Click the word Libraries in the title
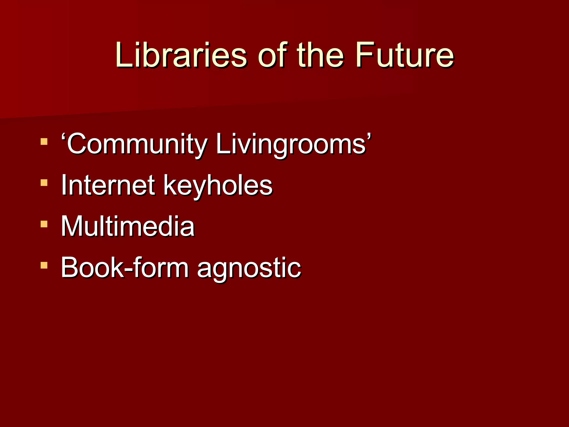coord(181,55)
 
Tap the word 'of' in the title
coord(271,55)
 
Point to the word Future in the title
coord(405,55)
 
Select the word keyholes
coord(218,185)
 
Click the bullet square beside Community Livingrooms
coord(44,141)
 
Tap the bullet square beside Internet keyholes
coord(44,183)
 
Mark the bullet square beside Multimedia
coord(44,224)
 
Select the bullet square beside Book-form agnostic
coord(44,265)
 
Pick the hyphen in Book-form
coord(128,269)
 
